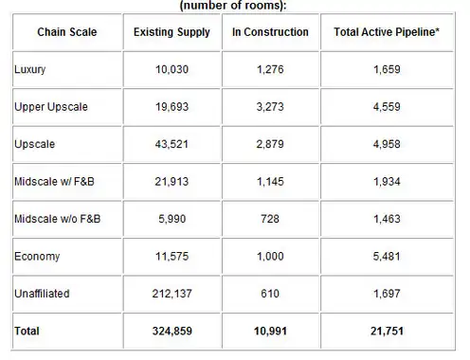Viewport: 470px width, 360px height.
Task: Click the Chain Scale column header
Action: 67,32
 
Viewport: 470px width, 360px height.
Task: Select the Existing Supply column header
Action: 172,32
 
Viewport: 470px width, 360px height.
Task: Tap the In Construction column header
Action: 270,32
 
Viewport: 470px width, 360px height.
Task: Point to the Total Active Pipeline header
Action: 387,32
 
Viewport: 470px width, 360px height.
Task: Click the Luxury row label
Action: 29,69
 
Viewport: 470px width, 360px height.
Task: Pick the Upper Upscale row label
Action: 51,107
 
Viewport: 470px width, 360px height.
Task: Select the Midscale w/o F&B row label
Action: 57,219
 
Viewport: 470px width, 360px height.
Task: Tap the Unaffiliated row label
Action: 42,294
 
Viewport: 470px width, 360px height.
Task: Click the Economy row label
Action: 37,257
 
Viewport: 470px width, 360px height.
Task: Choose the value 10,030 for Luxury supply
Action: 172,69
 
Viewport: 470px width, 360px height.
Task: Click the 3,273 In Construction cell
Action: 270,107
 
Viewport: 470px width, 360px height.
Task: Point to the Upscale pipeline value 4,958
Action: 387,144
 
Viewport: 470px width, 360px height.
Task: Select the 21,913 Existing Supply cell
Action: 172,182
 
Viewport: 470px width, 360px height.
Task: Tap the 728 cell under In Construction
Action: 270,219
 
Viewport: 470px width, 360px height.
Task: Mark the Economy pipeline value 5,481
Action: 387,256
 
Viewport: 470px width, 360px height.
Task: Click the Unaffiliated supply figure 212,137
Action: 172,294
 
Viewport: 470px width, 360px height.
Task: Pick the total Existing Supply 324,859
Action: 172,331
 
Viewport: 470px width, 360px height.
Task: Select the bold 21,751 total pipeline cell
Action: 387,331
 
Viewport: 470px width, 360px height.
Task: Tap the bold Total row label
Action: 27,331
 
